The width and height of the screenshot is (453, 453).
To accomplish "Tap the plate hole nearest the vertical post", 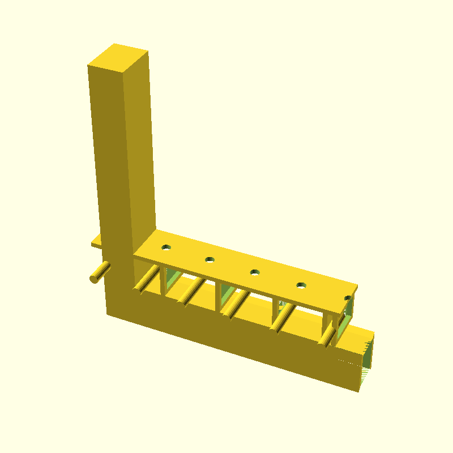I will point(166,247).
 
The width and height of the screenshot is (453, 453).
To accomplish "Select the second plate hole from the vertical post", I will point(210,259).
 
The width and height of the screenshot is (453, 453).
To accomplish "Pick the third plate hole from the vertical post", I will point(255,272).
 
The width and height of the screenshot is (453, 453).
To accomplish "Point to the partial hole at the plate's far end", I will point(348,297).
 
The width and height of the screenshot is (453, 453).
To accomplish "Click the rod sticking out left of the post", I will point(100,273).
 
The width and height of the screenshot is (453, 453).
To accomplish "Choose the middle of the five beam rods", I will point(234,305).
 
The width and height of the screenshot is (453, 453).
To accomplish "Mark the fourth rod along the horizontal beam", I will point(281,320).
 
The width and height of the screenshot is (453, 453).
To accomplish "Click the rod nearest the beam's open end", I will point(328,336).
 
